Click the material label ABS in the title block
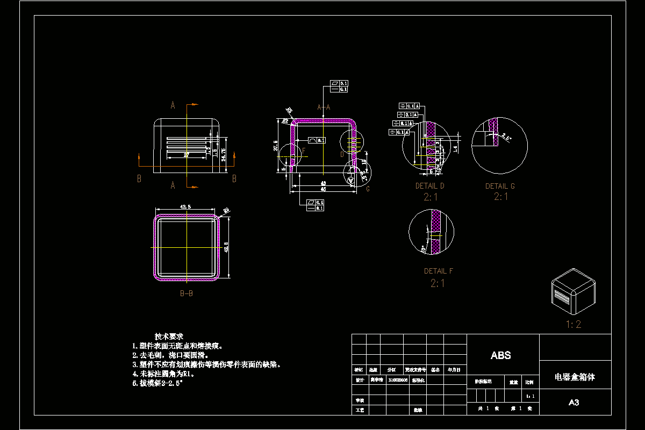tap(500, 355)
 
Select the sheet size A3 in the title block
tap(574, 403)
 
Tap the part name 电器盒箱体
tap(575, 377)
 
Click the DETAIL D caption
tap(430, 186)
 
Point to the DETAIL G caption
tap(500, 186)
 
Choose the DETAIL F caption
tap(438, 271)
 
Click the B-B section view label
tap(187, 293)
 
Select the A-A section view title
tap(324, 107)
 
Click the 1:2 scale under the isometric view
tap(574, 324)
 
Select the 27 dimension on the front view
tap(187, 155)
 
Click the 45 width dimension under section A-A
tap(323, 189)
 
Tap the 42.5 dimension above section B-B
tap(186, 206)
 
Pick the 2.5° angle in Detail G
tap(506, 138)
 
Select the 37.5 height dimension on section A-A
tap(276, 145)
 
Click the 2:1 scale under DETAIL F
tap(438, 283)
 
